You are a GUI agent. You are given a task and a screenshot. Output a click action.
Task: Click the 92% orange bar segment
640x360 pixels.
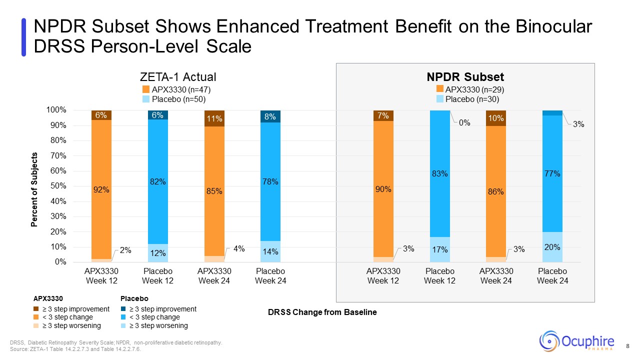[101, 190]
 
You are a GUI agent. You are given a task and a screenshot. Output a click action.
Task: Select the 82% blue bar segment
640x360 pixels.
[158, 182]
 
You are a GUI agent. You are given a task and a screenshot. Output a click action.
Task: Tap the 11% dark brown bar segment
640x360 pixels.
[214, 118]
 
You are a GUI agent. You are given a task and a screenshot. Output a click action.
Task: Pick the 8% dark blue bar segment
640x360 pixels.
[270, 116]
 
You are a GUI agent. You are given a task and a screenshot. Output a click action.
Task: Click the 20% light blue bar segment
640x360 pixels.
[552, 247]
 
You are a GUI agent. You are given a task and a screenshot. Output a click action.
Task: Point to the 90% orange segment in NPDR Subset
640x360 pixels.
[383, 189]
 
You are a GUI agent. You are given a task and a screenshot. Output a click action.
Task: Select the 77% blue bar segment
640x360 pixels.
[552, 174]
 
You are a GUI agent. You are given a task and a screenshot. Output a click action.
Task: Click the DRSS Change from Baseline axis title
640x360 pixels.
[322, 312]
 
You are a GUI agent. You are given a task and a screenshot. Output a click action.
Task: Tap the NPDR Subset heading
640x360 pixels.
[465, 77]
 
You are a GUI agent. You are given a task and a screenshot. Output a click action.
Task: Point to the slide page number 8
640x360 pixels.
[627, 346]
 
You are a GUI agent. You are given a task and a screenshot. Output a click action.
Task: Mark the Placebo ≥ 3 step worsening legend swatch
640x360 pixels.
[124, 326]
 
